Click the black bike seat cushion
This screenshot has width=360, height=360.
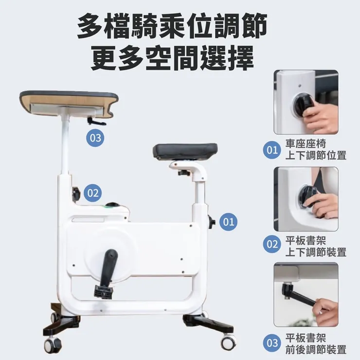[x=185, y=151]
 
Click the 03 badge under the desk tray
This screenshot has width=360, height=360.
[x=95, y=138]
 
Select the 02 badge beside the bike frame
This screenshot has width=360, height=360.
[x=93, y=193]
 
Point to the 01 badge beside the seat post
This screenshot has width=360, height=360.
[x=229, y=222]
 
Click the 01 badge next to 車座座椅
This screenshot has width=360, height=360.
[x=272, y=150]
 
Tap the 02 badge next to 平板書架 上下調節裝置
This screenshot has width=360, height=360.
[x=272, y=244]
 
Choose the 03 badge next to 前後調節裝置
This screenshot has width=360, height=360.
[x=272, y=343]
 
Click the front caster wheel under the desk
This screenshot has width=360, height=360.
[x=52, y=344]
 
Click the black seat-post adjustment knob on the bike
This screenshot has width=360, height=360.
[x=212, y=221]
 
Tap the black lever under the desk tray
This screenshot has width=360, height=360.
[x=96, y=121]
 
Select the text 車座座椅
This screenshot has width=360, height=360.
[x=306, y=144]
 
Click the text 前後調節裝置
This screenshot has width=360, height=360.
[x=316, y=350]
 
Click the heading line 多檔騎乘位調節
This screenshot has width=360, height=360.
[x=172, y=26]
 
